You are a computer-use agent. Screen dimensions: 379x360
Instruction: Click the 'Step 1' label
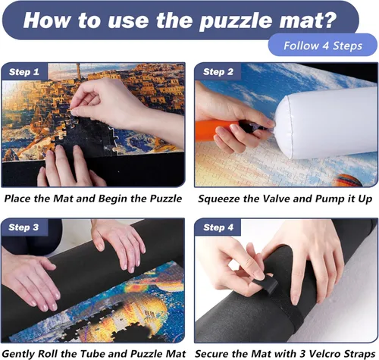click(24, 72)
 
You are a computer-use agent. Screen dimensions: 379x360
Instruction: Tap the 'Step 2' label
click(218, 72)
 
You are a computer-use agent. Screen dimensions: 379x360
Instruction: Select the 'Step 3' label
click(23, 227)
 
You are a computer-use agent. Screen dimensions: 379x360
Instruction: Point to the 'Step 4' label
click(218, 227)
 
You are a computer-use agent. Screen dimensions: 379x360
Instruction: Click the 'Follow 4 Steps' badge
click(323, 45)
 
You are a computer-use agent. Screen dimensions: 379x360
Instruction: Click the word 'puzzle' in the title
click(236, 21)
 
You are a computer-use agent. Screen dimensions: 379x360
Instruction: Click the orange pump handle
click(217, 129)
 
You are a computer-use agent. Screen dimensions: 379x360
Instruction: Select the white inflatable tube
click(326, 124)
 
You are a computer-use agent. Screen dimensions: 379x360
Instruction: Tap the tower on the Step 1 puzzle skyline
click(79, 71)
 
